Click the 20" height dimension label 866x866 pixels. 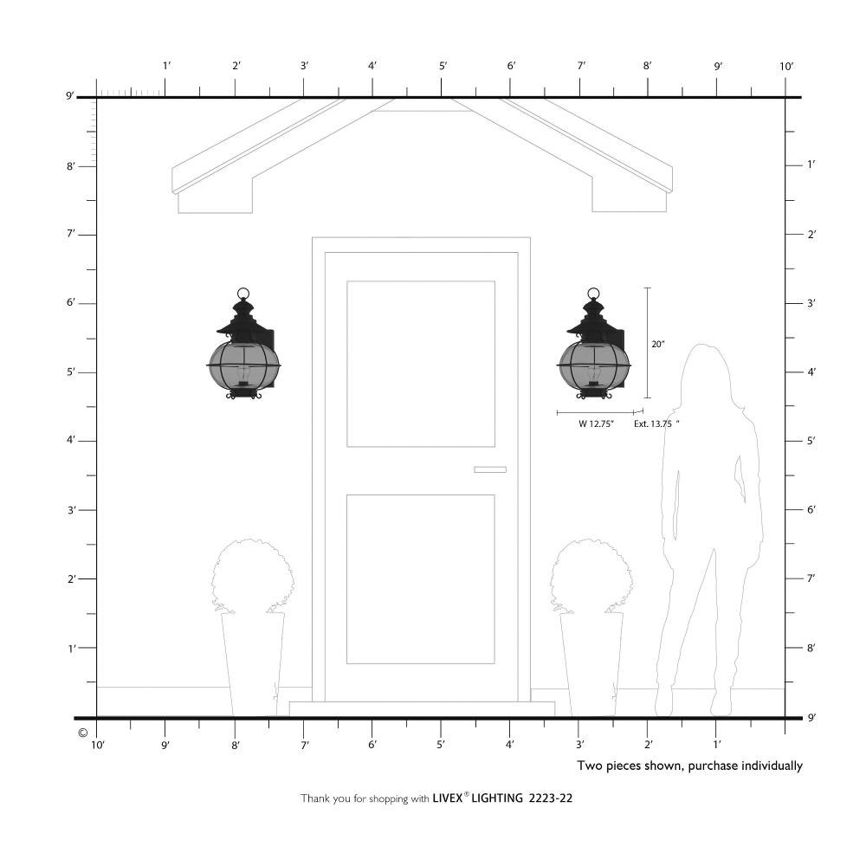coord(658,344)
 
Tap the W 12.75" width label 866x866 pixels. coord(596,424)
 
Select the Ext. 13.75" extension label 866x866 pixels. coord(656,424)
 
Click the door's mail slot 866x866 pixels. coord(490,469)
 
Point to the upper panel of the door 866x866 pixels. coord(421,364)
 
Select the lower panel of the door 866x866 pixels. coord(421,578)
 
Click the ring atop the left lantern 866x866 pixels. coord(243,294)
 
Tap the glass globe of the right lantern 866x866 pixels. coord(594,365)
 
